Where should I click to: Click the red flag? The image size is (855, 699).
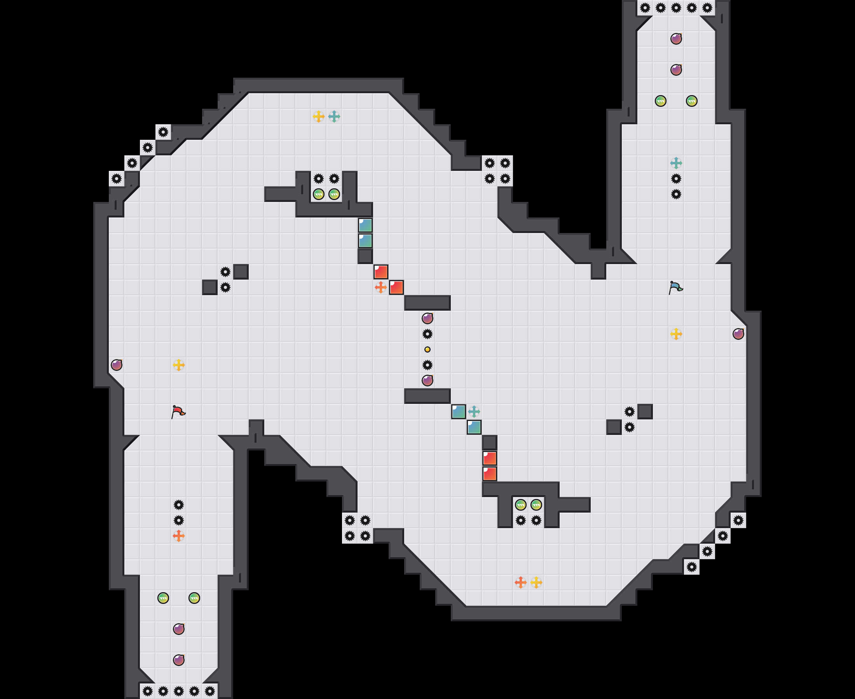pyautogui.click(x=178, y=412)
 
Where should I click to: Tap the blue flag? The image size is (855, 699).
pyautogui.click(x=676, y=287)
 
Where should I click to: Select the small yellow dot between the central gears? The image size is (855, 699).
pyautogui.click(x=427, y=349)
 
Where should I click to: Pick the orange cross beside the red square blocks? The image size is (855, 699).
pyautogui.click(x=380, y=287)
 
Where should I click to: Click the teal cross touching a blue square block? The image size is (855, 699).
pyautogui.click(x=474, y=412)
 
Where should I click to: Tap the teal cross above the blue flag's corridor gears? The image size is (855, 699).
pyautogui.click(x=676, y=163)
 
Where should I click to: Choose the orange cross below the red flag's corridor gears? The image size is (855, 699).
pyautogui.click(x=178, y=536)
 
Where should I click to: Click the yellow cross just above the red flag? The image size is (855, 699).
pyautogui.click(x=178, y=365)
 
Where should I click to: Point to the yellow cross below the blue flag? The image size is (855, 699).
pyautogui.click(x=676, y=334)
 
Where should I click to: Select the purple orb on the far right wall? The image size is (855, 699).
pyautogui.click(x=738, y=334)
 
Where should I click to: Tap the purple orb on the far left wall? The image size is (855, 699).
pyautogui.click(x=117, y=365)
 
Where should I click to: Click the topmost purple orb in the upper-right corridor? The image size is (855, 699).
pyautogui.click(x=676, y=39)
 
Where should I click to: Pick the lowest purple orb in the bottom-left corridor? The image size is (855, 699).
pyautogui.click(x=178, y=660)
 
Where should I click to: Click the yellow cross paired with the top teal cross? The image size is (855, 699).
pyautogui.click(x=318, y=117)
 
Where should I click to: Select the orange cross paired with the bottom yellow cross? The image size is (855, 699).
pyautogui.click(x=520, y=582)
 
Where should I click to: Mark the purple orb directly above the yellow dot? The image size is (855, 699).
pyautogui.click(x=427, y=318)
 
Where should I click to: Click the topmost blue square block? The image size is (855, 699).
pyautogui.click(x=365, y=226)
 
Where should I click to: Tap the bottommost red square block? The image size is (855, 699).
pyautogui.click(x=489, y=474)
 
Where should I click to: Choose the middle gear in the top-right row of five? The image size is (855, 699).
pyautogui.click(x=676, y=8)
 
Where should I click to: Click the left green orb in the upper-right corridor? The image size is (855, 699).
pyautogui.click(x=660, y=101)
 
